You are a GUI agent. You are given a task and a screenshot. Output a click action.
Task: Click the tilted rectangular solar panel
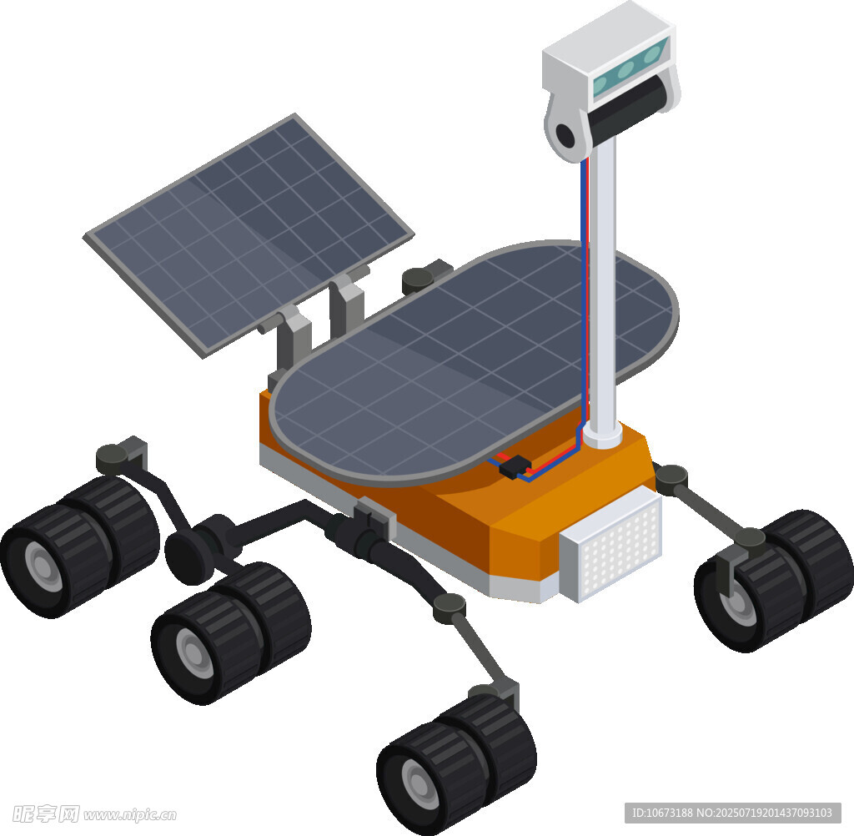[x=248, y=234]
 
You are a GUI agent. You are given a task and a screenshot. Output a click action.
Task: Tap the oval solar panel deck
[x=474, y=362]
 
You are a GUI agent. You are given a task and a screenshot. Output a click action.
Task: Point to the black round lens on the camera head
[x=565, y=134]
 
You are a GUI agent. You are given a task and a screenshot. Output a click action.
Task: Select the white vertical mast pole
[x=602, y=289]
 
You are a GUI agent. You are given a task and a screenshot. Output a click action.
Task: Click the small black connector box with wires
[x=515, y=466]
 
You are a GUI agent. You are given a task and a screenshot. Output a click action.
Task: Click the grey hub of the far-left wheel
[x=40, y=563]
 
